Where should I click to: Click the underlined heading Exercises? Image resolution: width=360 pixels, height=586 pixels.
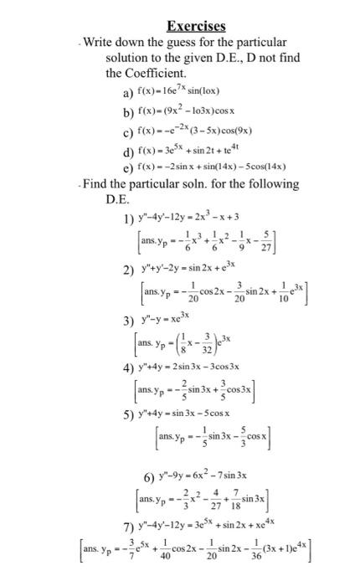(x=196, y=26)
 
